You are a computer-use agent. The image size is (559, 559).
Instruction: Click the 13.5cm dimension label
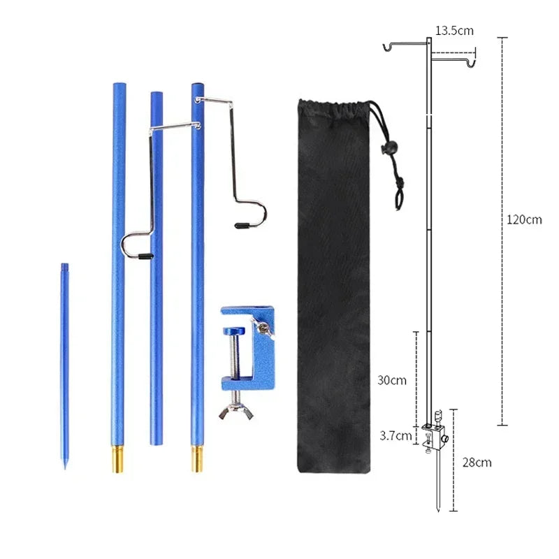click(454, 31)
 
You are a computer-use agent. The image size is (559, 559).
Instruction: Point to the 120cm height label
click(525, 219)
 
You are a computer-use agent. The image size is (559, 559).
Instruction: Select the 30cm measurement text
click(392, 381)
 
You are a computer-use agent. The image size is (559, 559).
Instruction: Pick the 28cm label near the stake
click(477, 462)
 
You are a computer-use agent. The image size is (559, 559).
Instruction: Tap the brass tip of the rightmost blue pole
click(197, 460)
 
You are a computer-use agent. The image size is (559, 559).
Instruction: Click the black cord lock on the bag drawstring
click(382, 148)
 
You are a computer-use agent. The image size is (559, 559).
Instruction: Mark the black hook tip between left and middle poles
click(143, 257)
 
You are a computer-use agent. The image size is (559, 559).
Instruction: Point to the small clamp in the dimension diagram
click(435, 437)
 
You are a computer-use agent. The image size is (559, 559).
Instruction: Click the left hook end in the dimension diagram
click(385, 48)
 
